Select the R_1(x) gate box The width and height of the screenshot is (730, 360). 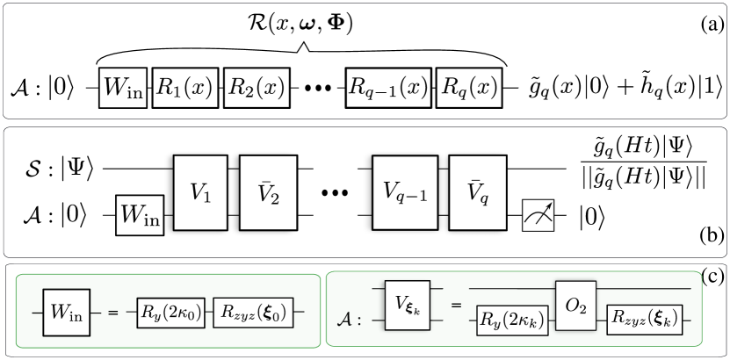[184, 88]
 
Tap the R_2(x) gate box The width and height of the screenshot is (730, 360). [257, 88]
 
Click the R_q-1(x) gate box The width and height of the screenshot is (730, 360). [388, 88]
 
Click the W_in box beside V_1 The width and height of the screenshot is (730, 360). [141, 215]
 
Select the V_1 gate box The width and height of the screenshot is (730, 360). [200, 193]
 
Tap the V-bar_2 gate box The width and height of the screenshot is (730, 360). [268, 193]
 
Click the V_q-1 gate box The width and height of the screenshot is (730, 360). [405, 193]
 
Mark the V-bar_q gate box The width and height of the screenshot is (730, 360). [478, 193]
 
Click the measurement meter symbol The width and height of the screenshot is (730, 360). [538, 215]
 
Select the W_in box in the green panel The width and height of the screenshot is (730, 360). [68, 312]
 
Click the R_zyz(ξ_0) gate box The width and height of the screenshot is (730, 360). [253, 313]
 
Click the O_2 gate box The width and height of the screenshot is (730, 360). [575, 306]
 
